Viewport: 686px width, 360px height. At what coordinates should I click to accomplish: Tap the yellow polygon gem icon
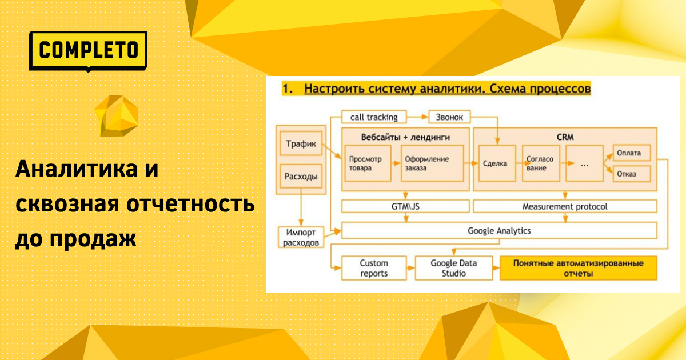(117, 115)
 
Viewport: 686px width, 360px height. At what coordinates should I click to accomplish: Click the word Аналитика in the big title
(77, 168)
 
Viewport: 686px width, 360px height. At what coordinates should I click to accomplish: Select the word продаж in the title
(93, 239)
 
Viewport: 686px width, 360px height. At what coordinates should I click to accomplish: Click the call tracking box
(374, 117)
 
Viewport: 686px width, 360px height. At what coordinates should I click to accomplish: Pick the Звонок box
(449, 117)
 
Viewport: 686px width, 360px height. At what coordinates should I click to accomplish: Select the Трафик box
(301, 143)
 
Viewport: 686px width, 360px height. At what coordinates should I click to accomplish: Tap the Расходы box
(301, 177)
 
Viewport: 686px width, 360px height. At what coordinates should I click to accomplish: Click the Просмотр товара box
(368, 163)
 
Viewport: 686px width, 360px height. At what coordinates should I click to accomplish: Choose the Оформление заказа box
(432, 163)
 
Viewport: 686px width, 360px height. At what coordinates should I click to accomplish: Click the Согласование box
(541, 163)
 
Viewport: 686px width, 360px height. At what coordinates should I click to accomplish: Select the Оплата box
(632, 153)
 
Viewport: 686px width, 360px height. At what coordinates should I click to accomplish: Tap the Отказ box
(632, 174)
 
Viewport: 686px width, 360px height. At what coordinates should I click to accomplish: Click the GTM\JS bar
(405, 206)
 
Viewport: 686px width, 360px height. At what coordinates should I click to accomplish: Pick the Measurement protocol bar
(565, 206)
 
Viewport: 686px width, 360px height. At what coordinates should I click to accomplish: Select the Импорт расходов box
(301, 237)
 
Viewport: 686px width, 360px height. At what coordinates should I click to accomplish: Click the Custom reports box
(374, 268)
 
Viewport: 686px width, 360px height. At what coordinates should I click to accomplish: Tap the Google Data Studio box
(454, 268)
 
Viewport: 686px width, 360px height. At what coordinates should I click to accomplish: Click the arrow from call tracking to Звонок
(417, 117)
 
